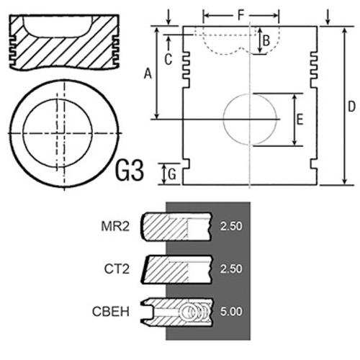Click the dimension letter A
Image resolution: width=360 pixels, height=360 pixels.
click(x=148, y=73)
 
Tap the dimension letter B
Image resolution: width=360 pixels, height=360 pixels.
click(x=266, y=40)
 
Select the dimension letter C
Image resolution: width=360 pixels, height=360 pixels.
click(x=168, y=59)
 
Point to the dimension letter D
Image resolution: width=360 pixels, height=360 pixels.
click(x=351, y=107)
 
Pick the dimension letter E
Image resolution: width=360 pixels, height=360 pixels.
click(x=300, y=120)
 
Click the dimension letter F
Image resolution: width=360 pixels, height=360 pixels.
click(x=240, y=15)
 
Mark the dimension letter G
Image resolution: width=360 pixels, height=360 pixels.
click(x=172, y=174)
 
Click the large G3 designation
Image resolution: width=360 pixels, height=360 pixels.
click(x=130, y=170)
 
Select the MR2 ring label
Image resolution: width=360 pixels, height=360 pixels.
click(x=115, y=226)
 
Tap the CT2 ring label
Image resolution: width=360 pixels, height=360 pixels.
click(x=117, y=269)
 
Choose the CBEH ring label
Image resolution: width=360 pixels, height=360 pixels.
click(x=111, y=312)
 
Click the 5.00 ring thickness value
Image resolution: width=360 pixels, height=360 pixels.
click(x=231, y=312)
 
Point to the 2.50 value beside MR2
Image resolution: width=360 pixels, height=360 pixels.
click(x=231, y=226)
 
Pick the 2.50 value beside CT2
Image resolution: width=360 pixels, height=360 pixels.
click(x=231, y=269)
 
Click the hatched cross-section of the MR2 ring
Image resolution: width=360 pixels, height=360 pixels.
click(x=166, y=226)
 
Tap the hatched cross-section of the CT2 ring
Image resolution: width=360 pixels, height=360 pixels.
click(x=166, y=269)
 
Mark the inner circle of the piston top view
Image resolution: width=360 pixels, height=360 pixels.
click(x=23, y=132)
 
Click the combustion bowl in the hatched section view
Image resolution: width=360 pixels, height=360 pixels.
click(x=58, y=27)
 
